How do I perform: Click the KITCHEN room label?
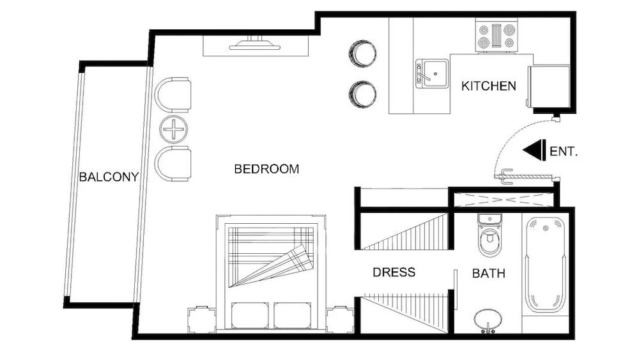(489, 86)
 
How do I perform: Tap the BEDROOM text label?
(266, 169)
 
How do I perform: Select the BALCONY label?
(109, 177)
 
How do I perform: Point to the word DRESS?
(394, 272)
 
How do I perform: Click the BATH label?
(489, 273)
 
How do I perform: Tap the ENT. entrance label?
(564, 152)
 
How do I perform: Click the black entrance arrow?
(534, 150)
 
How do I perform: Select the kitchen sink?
(432, 74)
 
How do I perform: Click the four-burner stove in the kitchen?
(497, 36)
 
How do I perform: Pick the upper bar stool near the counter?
(362, 54)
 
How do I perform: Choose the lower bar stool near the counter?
(362, 95)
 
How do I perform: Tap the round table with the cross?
(174, 130)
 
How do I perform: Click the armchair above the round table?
(173, 95)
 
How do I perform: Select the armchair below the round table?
(173, 164)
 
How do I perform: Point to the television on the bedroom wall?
(256, 44)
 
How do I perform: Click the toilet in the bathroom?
(489, 235)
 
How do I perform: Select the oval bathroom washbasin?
(488, 318)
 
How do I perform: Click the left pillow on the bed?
(250, 315)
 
